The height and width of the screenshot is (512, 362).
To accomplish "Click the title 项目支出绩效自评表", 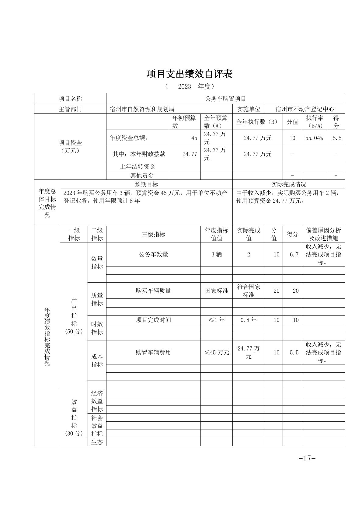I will [x=189, y=74].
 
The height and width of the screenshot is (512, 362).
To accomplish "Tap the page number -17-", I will [x=307, y=458].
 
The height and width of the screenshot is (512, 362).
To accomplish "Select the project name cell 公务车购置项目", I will [x=225, y=99].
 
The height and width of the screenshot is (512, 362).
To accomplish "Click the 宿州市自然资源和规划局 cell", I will [x=142, y=109].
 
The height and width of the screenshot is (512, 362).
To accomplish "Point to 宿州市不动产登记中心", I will [x=305, y=109].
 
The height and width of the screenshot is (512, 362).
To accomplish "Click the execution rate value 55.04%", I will [x=314, y=138].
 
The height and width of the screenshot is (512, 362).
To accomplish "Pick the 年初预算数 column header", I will [x=184, y=122].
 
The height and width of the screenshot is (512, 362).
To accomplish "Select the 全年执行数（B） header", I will [x=257, y=122].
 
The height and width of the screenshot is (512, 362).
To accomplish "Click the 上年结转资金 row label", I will [x=137, y=167].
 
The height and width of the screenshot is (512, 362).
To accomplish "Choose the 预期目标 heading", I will [x=146, y=184].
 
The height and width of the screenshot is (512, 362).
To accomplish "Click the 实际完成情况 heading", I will [x=288, y=184].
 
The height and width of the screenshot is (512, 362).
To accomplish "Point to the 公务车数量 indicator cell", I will [x=153, y=255].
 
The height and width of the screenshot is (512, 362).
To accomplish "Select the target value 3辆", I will [x=217, y=255].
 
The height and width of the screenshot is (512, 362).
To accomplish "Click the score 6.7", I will [x=294, y=255].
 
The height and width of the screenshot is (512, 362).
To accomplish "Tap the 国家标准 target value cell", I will [x=217, y=291].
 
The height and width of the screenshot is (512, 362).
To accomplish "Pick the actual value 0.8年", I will [x=249, y=320].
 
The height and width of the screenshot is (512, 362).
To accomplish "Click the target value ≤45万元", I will [x=217, y=353].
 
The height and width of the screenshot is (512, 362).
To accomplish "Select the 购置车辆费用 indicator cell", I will [x=153, y=353].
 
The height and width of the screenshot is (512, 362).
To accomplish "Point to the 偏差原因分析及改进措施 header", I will [x=323, y=234].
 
